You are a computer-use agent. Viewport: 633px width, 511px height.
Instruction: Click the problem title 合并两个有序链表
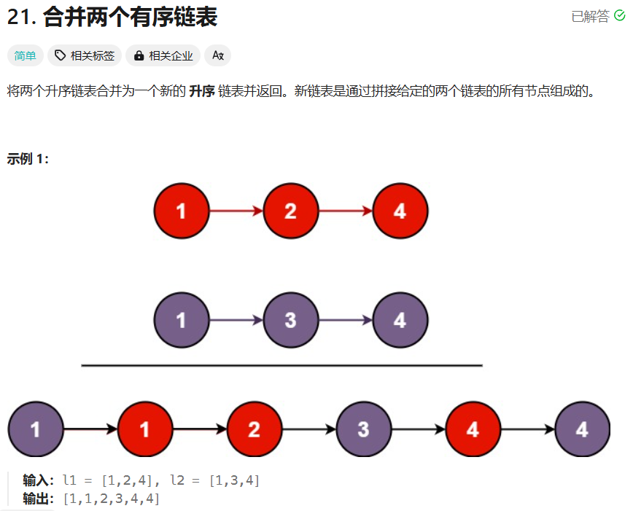pos(131,17)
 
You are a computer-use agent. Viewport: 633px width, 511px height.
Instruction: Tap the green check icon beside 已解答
pos(620,16)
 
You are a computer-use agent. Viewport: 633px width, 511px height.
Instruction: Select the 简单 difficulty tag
pos(26,55)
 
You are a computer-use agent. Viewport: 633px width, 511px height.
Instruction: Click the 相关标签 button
pos(85,55)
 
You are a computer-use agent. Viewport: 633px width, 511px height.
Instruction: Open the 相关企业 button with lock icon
pos(163,55)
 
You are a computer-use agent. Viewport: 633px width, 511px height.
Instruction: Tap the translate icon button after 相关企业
pos(217,55)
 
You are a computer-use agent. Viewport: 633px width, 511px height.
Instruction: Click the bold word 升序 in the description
pos(202,92)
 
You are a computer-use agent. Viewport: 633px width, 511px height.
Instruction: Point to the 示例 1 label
pos(28,159)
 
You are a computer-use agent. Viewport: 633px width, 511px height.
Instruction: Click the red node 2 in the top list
pos(290,211)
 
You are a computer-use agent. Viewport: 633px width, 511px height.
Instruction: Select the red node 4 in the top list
pos(400,211)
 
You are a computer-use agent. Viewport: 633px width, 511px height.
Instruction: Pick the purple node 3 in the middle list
pos(290,320)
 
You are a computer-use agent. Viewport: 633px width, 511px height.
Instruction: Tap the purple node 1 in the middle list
pos(182,320)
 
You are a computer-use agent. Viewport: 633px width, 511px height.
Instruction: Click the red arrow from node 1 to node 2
pos(236,211)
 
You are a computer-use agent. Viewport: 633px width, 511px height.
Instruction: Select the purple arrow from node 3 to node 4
pos(345,320)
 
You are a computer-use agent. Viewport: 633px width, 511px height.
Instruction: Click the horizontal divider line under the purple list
pos(281,365)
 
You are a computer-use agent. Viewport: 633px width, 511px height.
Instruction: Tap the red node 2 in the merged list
pos(254,429)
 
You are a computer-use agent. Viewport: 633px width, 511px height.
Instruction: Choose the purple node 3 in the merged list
pos(363,429)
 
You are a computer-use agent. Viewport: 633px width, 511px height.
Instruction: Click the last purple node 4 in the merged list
pos(582,429)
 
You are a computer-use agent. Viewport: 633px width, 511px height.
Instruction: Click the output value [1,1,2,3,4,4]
pos(111,499)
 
